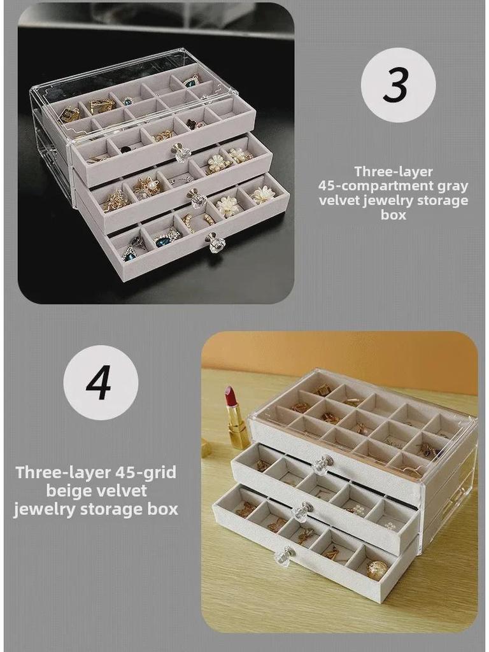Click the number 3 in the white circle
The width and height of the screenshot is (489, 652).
397,85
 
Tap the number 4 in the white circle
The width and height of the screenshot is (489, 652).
99,383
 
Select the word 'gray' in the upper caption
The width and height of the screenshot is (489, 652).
453,186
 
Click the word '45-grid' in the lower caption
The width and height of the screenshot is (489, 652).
137,472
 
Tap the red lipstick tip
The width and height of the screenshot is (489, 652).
230,396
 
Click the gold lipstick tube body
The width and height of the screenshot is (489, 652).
239,431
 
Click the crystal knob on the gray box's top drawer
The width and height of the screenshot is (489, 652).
180,152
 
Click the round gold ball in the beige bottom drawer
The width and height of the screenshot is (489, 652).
377,569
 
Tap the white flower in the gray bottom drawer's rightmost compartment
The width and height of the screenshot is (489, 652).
262,195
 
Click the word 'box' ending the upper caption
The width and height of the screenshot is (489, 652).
393,215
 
